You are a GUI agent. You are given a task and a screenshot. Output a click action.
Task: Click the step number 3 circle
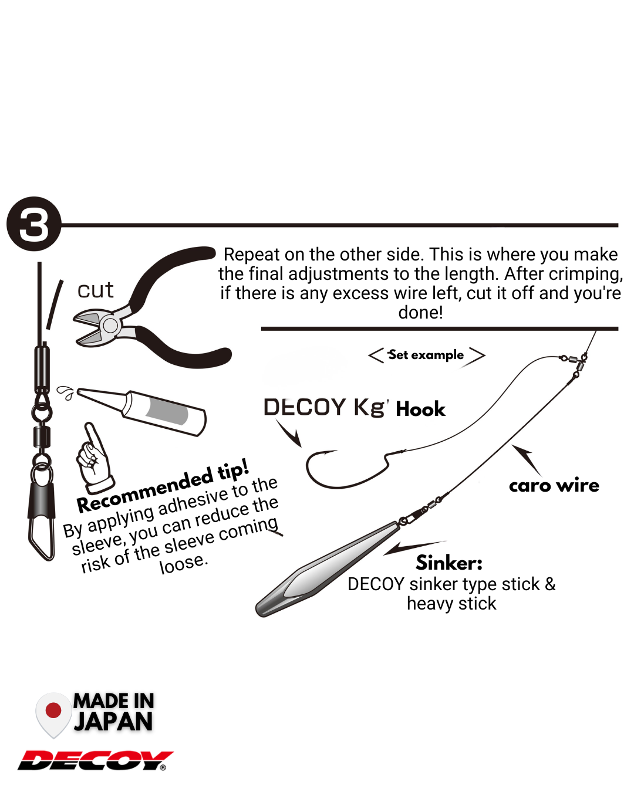click(x=34, y=224)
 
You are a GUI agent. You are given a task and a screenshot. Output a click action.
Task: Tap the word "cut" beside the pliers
click(x=95, y=290)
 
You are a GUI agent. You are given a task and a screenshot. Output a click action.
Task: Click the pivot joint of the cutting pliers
click(x=109, y=324)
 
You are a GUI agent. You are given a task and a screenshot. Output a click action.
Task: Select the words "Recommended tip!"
click(x=163, y=486)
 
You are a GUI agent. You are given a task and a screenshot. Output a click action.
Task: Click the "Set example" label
click(x=426, y=355)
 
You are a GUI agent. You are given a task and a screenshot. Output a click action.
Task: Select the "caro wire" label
click(x=554, y=486)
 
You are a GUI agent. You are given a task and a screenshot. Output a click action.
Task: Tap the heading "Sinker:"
click(x=449, y=563)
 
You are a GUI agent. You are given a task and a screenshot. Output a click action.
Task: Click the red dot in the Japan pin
click(x=53, y=710)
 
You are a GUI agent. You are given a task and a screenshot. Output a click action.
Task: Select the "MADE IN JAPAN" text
click(x=113, y=712)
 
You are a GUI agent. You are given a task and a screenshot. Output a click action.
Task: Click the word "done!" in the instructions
click(x=420, y=312)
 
